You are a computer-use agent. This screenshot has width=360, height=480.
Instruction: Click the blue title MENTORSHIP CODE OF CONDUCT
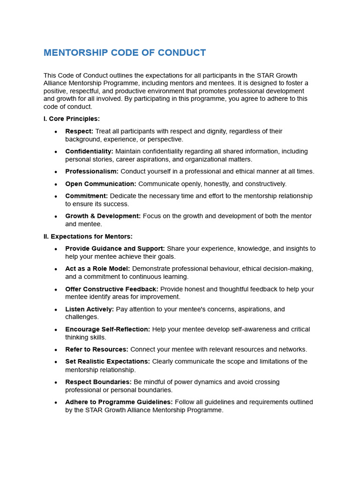(x=125, y=52)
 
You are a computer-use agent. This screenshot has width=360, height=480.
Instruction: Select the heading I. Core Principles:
(x=71, y=119)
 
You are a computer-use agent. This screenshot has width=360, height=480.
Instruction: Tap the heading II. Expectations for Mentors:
(x=88, y=236)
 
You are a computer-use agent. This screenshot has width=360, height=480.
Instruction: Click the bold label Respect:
(x=79, y=131)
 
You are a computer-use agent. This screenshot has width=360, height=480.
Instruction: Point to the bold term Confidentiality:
(x=89, y=151)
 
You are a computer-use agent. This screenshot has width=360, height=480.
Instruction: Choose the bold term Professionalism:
(x=92, y=172)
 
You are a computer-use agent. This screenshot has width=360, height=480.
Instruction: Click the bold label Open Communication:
(x=101, y=184)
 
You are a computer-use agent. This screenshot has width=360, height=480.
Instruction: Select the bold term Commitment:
(x=86, y=196)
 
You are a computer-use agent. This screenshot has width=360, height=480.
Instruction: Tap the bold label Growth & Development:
(x=103, y=216)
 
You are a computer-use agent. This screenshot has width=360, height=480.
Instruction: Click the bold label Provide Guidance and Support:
(x=115, y=248)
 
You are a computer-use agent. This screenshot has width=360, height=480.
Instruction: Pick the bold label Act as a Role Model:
(x=97, y=269)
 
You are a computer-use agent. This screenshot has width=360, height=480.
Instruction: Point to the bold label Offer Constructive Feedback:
(x=112, y=289)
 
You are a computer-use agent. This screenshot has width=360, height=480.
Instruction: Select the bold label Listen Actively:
(x=90, y=309)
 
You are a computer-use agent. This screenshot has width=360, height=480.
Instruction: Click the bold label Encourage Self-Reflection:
(x=108, y=330)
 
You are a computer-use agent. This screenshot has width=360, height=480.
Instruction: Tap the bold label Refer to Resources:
(x=97, y=349)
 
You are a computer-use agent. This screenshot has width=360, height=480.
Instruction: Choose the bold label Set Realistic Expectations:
(x=107, y=361)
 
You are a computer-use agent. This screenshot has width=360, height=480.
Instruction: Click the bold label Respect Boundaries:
(x=98, y=382)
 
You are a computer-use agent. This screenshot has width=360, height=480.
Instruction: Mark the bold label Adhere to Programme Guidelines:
(x=119, y=402)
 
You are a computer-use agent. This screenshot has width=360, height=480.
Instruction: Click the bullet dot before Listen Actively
(x=56, y=310)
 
